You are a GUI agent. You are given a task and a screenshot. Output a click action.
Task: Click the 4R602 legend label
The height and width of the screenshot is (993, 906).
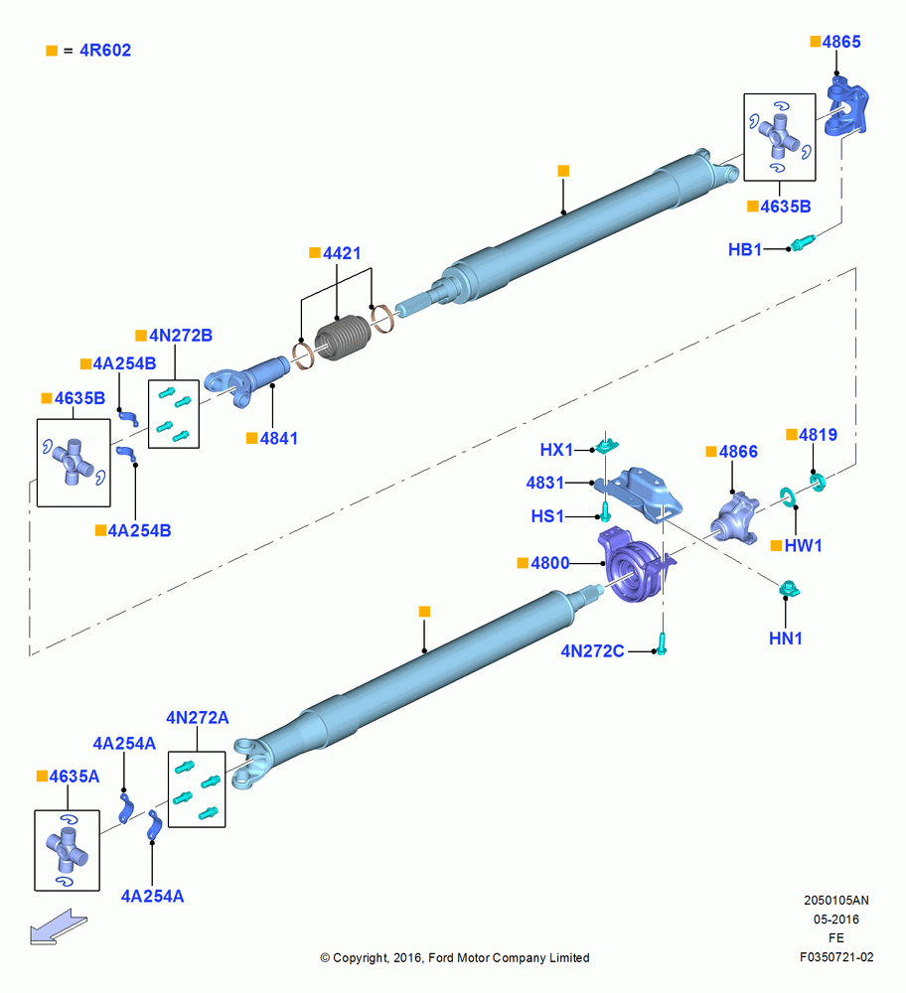click(x=105, y=50)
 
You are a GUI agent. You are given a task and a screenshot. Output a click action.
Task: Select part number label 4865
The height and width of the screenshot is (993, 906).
click(x=841, y=42)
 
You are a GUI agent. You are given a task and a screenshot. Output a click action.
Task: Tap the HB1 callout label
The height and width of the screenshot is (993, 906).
click(x=745, y=249)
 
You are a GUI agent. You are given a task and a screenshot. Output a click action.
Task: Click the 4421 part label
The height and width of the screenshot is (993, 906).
click(x=342, y=253)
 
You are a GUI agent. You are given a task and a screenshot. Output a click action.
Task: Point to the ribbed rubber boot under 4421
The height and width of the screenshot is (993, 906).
click(x=343, y=339)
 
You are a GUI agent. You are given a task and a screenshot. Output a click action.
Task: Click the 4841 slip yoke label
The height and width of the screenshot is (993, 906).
click(x=279, y=438)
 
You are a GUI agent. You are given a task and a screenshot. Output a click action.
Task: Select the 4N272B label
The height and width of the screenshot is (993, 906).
click(x=181, y=336)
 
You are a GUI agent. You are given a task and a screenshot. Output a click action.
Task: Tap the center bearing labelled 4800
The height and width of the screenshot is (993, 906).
click(x=635, y=566)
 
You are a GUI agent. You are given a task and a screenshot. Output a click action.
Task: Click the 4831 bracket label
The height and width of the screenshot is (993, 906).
click(x=544, y=483)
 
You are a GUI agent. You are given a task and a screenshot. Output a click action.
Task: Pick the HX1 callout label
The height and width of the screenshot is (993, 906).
click(x=556, y=450)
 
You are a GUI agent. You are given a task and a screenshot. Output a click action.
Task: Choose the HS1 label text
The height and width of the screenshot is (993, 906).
click(x=547, y=516)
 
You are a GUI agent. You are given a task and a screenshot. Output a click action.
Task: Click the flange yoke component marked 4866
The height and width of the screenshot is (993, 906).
click(x=735, y=518)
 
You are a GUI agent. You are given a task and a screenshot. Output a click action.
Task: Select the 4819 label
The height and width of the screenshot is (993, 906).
click(x=818, y=435)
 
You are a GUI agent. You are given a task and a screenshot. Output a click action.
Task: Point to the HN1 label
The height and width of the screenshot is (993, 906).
click(x=786, y=638)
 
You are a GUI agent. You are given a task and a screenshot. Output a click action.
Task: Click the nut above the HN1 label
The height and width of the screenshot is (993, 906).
click(x=789, y=588)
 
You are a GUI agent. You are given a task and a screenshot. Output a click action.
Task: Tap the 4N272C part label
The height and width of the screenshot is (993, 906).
click(x=592, y=651)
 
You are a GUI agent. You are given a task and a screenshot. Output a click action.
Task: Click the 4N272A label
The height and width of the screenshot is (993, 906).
click(x=197, y=718)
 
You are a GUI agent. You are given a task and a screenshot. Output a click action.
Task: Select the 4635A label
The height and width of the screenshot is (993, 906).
click(x=75, y=777)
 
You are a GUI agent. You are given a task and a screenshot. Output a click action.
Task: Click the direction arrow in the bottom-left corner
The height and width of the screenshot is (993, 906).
click(x=59, y=927)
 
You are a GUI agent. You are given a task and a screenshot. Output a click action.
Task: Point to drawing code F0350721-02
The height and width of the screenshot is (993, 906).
click(x=836, y=957)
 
